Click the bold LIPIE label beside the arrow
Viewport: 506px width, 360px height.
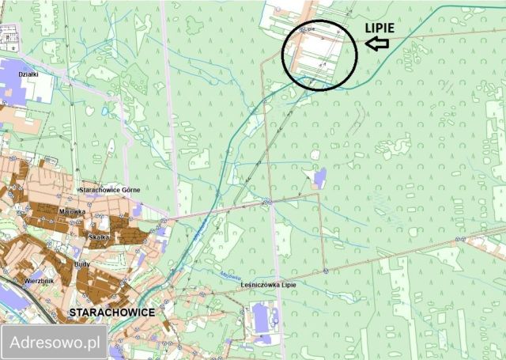click(x=384, y=27)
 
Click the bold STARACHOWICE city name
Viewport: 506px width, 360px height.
click(x=112, y=313)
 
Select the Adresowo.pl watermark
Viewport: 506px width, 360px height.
click(x=54, y=343)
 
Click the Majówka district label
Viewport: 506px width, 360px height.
click(x=72, y=211)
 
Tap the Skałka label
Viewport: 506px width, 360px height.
click(x=99, y=237)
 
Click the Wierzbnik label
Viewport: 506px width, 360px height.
click(x=39, y=280)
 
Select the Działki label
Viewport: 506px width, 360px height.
click(x=29, y=73)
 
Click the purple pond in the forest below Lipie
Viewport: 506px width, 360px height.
click(x=319, y=176)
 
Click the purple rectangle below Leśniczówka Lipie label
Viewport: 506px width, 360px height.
click(x=262, y=319)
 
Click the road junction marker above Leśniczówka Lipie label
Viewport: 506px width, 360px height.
click(x=325, y=271)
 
